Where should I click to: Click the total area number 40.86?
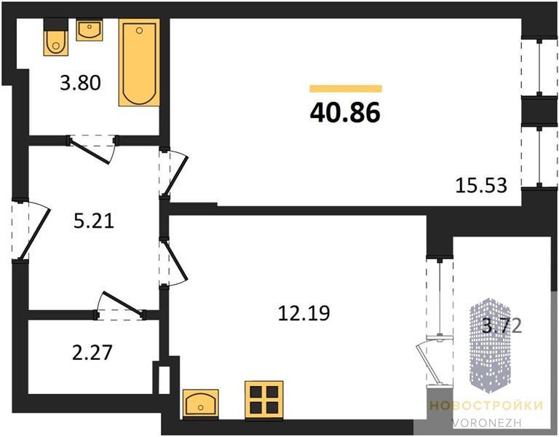click(x=345, y=112)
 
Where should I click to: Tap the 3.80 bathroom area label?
click(x=81, y=83)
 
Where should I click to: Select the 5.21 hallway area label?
click(x=94, y=221)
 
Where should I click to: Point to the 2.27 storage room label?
click(x=92, y=352)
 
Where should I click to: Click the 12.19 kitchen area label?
click(x=304, y=313)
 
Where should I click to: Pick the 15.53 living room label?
click(x=481, y=186)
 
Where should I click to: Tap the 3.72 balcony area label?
click(x=502, y=326)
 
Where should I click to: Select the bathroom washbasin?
click(x=89, y=31)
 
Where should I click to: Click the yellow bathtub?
click(x=139, y=63)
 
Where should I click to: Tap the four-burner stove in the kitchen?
click(x=264, y=400)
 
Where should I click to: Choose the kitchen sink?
click(x=201, y=403)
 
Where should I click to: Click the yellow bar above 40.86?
click(x=346, y=88)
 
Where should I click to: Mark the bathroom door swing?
click(x=92, y=149)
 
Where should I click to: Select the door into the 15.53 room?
click(x=174, y=174)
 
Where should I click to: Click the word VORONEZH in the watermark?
click(x=487, y=422)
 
